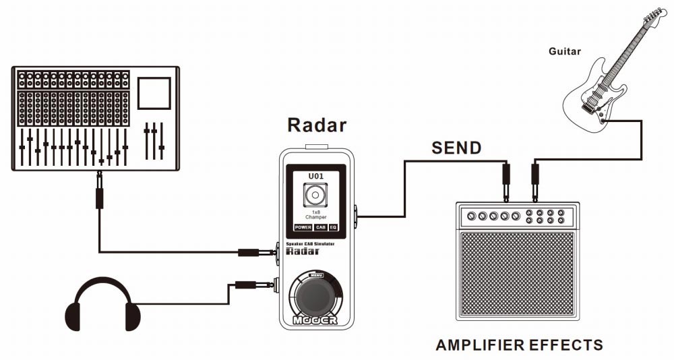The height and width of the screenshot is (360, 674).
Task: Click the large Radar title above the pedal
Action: (x=316, y=125)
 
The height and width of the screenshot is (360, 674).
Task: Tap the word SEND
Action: (x=456, y=148)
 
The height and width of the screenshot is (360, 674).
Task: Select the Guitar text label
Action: (x=564, y=51)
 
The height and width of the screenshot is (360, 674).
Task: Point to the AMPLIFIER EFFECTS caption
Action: (x=519, y=345)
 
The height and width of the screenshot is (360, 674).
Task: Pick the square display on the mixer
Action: (x=154, y=93)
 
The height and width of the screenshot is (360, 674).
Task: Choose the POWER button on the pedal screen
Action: (x=303, y=228)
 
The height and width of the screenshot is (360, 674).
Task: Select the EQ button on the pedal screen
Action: (x=333, y=228)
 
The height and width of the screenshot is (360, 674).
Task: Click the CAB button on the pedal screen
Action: (x=320, y=228)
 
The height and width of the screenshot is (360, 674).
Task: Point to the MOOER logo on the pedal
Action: (x=315, y=321)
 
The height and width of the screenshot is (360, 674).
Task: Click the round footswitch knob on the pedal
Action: (x=315, y=295)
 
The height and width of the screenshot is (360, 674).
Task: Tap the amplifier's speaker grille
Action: (x=516, y=273)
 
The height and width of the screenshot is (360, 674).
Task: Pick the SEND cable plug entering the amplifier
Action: (x=506, y=182)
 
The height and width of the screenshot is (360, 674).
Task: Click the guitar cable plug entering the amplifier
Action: (x=535, y=182)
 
